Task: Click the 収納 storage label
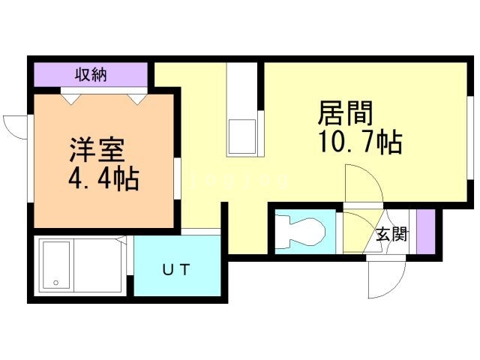coord(91,74)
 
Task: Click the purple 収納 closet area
coord(90,75)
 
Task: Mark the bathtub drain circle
coord(54,283)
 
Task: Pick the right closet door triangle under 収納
coord(136,96)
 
